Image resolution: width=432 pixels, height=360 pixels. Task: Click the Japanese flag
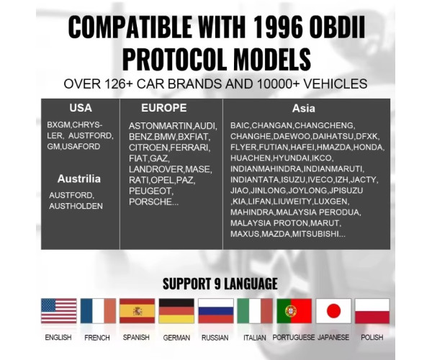click(x=333, y=311)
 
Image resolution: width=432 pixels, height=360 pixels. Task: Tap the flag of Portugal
click(x=294, y=311)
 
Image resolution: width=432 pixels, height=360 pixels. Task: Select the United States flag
click(x=59, y=311)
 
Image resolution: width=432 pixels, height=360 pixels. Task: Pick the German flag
click(x=176, y=311)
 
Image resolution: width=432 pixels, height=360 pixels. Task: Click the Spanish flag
click(x=137, y=311)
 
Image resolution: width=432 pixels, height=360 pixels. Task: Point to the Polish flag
click(x=372, y=311)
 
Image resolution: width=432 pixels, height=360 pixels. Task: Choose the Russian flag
click(x=216, y=311)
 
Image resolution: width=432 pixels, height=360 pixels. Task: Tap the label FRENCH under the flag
click(x=97, y=338)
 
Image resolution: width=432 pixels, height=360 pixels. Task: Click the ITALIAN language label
click(x=255, y=338)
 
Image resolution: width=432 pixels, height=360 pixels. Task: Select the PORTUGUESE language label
click(x=294, y=338)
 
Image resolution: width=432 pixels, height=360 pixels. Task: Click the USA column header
click(x=81, y=108)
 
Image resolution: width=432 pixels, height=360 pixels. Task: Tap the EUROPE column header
click(x=164, y=108)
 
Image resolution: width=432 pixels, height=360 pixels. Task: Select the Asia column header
click(x=304, y=108)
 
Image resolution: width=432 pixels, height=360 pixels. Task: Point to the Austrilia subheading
click(x=79, y=179)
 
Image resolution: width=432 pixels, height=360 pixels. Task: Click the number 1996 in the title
click(x=277, y=27)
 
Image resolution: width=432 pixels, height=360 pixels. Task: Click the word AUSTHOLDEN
click(x=76, y=206)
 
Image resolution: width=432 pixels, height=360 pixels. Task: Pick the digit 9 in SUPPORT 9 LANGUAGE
click(x=217, y=284)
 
